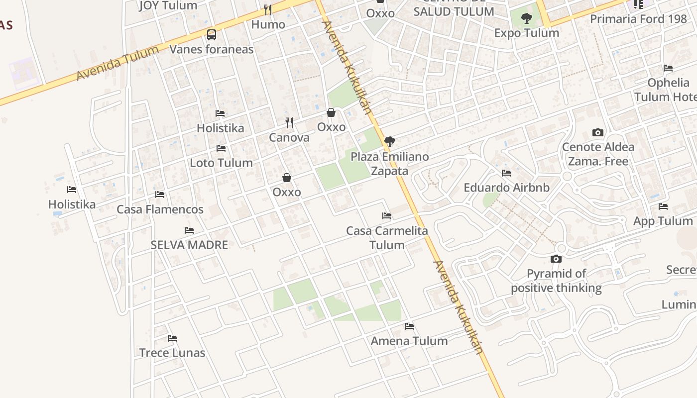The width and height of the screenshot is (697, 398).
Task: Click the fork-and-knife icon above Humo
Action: pyautogui.click(x=268, y=9)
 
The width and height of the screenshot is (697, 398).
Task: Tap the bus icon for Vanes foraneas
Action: pyautogui.click(x=212, y=35)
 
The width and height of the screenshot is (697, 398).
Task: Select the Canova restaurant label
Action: pyautogui.click(x=289, y=137)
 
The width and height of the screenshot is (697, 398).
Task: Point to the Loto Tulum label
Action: pyautogui.click(x=221, y=163)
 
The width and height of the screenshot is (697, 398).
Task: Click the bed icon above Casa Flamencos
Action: pyautogui.click(x=160, y=195)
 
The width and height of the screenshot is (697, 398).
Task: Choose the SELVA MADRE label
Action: pyautogui.click(x=189, y=245)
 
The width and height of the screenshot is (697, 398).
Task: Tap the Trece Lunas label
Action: pyautogui.click(x=172, y=353)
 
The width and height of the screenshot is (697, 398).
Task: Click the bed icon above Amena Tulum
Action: pyautogui.click(x=409, y=326)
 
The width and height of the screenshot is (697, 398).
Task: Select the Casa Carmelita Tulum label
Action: pyautogui.click(x=387, y=238)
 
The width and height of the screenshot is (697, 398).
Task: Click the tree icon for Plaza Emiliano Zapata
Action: pyautogui.click(x=390, y=142)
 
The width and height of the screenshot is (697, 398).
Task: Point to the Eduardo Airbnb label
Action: pyautogui.click(x=506, y=188)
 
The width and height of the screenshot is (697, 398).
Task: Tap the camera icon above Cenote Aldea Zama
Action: pyautogui.click(x=598, y=132)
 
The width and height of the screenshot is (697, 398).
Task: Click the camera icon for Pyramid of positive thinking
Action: pyautogui.click(x=556, y=259)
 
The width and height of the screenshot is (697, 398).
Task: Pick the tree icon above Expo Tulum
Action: pyautogui.click(x=526, y=19)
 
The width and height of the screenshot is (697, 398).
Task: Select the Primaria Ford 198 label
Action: pyautogui.click(x=638, y=19)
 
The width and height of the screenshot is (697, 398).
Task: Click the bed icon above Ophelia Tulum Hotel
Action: pyautogui.click(x=668, y=68)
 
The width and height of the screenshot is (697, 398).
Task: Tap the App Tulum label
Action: pyautogui.click(x=663, y=221)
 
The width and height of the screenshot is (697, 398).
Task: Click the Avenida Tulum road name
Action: pyautogui.click(x=117, y=62)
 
